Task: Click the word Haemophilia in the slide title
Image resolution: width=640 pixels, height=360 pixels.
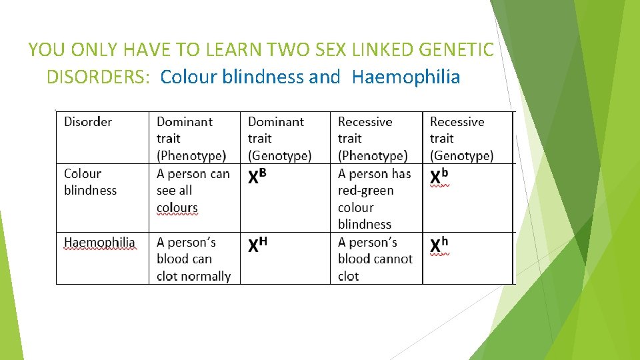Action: (x=406, y=77)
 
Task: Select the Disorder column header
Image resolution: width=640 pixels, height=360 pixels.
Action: (x=88, y=122)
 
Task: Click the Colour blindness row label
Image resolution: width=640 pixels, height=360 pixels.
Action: (x=90, y=182)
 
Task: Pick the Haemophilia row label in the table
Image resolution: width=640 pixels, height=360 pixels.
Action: (x=99, y=243)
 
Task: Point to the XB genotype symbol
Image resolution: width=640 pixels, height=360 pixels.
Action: (x=258, y=177)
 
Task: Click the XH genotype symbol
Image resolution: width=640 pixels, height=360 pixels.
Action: (x=258, y=245)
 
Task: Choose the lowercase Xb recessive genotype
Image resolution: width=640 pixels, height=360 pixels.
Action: (x=439, y=177)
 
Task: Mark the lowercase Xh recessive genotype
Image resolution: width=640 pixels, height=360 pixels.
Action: (x=439, y=245)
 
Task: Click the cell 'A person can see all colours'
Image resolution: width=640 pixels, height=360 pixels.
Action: (x=193, y=191)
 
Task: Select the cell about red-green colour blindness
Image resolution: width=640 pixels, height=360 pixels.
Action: (x=374, y=199)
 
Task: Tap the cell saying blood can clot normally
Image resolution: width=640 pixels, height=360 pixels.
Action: (x=193, y=259)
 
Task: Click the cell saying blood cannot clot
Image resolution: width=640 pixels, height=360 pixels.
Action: (x=375, y=259)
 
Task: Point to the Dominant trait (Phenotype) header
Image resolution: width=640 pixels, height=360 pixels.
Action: (x=191, y=139)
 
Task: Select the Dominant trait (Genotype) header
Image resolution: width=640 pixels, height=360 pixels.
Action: (x=279, y=139)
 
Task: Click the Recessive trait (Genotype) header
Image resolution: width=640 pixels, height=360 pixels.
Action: (x=461, y=139)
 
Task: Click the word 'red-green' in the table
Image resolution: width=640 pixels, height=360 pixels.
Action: (x=366, y=191)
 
